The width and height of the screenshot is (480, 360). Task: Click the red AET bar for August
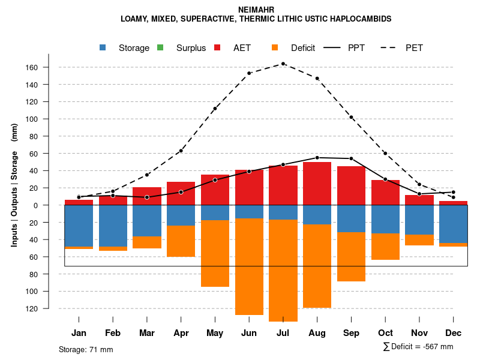[x=317, y=184]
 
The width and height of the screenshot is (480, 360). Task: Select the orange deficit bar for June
[x=249, y=266]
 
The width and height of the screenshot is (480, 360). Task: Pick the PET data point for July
[x=283, y=64]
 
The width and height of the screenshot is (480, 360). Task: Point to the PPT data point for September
[x=351, y=158]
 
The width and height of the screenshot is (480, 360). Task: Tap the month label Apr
[x=181, y=333]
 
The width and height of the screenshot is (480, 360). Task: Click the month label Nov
[x=419, y=333]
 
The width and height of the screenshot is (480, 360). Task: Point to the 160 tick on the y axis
[x=49, y=67]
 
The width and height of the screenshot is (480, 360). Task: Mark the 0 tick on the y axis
[x=52, y=205]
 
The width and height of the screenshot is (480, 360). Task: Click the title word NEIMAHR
[x=256, y=10]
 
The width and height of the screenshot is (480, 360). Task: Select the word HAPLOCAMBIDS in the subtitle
[x=359, y=19]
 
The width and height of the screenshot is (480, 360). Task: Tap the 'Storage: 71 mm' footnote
[x=86, y=349]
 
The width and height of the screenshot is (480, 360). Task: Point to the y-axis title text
[x=14, y=185]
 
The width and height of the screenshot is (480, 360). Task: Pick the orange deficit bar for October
[x=385, y=247]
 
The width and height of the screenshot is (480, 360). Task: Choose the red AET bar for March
[x=147, y=196]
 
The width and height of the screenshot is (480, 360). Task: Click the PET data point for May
[x=215, y=109]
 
